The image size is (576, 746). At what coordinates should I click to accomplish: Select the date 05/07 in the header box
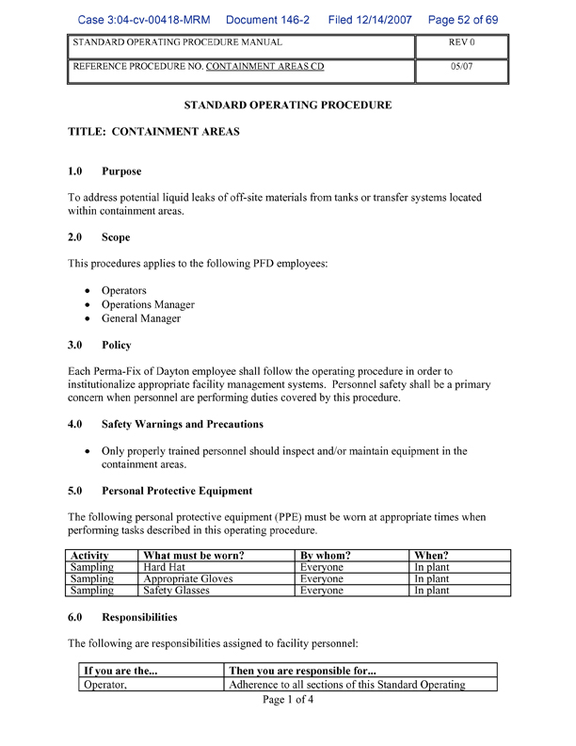click(x=461, y=67)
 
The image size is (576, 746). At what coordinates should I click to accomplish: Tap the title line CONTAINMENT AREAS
click(x=153, y=132)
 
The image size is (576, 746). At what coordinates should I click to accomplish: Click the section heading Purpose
click(x=121, y=171)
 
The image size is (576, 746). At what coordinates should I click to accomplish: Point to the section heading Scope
click(x=116, y=237)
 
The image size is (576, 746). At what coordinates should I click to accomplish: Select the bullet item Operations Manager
click(x=148, y=304)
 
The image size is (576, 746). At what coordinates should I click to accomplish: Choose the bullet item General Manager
click(x=141, y=318)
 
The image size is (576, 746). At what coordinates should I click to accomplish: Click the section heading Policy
click(x=117, y=346)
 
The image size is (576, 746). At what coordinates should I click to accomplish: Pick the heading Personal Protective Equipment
click(x=177, y=491)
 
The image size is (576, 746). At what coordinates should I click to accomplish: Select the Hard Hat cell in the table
click(x=165, y=568)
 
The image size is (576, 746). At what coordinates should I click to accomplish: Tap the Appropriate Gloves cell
click(x=187, y=579)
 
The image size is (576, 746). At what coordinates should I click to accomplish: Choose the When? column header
click(x=432, y=556)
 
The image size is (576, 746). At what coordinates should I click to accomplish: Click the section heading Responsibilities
click(x=139, y=617)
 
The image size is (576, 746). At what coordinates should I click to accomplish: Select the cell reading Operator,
click(x=105, y=685)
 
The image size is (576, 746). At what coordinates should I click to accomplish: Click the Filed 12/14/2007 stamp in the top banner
click(x=370, y=19)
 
